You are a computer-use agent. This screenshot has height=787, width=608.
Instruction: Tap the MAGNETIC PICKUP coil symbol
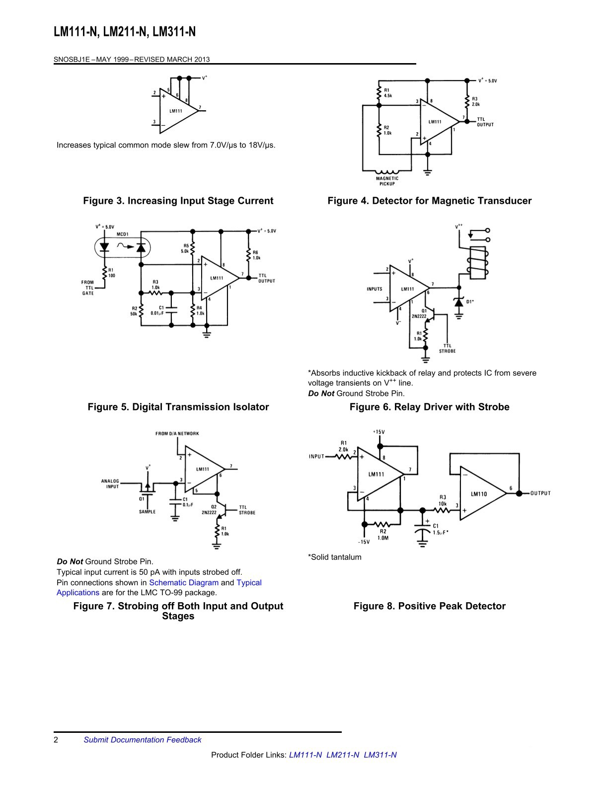click(x=387, y=172)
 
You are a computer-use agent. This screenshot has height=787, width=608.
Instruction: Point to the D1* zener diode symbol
click(x=459, y=301)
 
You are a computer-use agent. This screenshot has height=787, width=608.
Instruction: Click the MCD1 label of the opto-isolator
click(x=122, y=235)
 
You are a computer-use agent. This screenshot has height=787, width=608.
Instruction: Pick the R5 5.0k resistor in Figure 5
click(x=193, y=248)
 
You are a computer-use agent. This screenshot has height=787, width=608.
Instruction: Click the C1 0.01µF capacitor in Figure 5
click(x=171, y=310)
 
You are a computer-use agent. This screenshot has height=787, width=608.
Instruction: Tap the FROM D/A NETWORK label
click(x=177, y=434)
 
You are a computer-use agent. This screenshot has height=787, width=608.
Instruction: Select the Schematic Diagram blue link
click(x=184, y=582)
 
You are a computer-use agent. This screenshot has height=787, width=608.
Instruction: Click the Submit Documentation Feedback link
click(x=142, y=740)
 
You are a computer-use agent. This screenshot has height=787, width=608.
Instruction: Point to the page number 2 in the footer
click(x=56, y=740)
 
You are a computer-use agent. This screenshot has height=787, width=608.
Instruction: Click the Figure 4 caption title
click(x=430, y=201)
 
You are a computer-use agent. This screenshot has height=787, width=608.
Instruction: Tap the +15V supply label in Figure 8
click(x=379, y=432)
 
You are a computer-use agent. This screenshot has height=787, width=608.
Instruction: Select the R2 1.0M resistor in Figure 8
click(x=381, y=525)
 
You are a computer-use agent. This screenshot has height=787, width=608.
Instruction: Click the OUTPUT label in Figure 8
click(x=540, y=493)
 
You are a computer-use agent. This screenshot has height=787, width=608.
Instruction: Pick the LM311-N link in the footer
click(x=380, y=755)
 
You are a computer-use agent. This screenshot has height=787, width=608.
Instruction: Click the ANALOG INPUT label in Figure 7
click(x=110, y=484)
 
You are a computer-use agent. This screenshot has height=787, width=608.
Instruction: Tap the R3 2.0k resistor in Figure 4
click(x=467, y=102)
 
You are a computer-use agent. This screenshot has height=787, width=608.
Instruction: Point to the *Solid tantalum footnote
click(x=335, y=557)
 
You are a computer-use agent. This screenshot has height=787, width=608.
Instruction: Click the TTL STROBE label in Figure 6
click(x=447, y=348)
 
